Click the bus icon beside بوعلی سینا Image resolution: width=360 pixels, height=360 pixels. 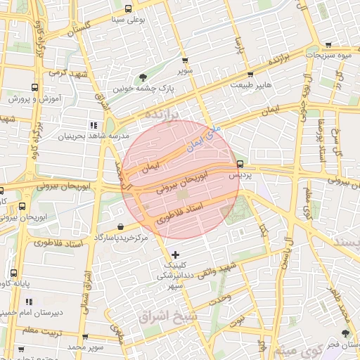pos(128,9)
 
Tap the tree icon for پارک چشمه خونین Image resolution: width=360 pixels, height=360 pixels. pos(143,77)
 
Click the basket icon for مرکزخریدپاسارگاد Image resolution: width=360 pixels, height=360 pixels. pos(122,227)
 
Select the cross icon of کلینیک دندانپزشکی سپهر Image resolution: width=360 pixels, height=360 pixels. pos(175,254)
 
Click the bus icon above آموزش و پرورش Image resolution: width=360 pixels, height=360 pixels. pos(34,88)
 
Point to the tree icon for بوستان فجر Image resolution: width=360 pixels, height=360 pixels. pos(345,333)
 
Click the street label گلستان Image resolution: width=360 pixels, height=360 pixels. pos(79,27)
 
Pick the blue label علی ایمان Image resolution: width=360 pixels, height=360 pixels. pos(205,138)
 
